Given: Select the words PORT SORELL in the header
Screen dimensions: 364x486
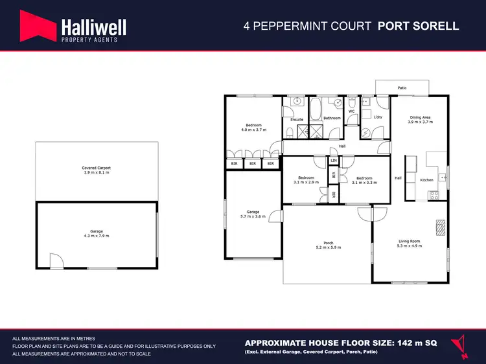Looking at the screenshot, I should [x=419, y=27].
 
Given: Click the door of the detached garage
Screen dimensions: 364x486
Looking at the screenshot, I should [x=57, y=260].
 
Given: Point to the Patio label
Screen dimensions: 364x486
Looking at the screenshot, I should [x=402, y=87].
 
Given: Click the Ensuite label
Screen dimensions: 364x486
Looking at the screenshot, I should [x=297, y=120].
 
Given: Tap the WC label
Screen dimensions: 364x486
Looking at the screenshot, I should [x=352, y=111].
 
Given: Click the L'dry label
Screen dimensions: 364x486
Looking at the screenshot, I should [x=378, y=117].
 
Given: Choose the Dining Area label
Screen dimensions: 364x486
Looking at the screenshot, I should [x=419, y=118].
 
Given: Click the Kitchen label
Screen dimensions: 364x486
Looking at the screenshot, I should [x=426, y=179].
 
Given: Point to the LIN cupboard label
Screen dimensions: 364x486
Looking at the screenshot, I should [x=334, y=161].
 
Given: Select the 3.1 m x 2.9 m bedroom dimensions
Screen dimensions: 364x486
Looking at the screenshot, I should [x=305, y=183].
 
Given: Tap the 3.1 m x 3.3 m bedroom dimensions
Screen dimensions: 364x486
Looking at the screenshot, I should [x=364, y=183].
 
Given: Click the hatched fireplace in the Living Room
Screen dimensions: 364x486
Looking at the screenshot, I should [x=441, y=227].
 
